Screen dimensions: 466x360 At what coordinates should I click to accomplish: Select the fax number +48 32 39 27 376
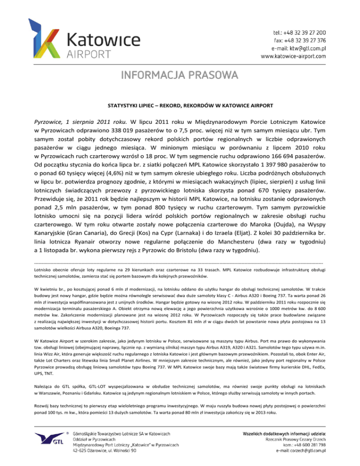pyautogui.click(x=305, y=40)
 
